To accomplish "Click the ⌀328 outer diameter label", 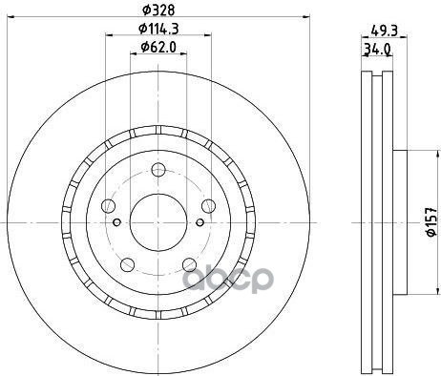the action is (x=158, y=10).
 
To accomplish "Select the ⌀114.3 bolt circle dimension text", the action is (x=158, y=29).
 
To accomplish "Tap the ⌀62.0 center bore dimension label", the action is (x=158, y=47).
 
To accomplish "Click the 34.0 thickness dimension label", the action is (x=377, y=50).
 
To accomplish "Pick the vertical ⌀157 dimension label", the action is (x=431, y=222).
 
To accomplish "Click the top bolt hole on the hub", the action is (x=158, y=170).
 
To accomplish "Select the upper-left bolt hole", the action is (x=108, y=206).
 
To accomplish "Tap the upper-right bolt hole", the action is (x=208, y=206).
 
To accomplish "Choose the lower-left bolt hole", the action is (x=127, y=264).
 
